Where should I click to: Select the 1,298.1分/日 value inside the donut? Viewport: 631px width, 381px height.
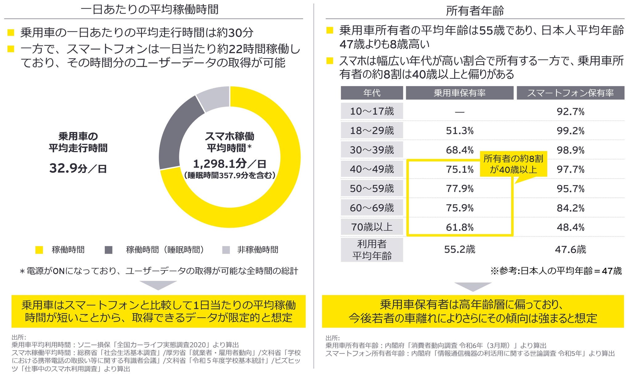tap(230, 164)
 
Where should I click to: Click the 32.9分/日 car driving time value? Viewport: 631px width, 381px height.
tap(78, 169)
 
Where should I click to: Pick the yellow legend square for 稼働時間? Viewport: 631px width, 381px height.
tap(39, 250)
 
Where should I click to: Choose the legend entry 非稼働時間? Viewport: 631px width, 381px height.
tap(257, 250)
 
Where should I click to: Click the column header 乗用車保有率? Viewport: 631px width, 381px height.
tap(459, 93)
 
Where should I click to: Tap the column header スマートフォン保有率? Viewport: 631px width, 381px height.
tap(570, 93)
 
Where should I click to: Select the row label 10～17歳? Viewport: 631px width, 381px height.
tap(372, 111)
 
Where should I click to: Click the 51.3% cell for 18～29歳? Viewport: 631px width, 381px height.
tap(459, 131)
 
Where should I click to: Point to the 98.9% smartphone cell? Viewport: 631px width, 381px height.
tap(570, 150)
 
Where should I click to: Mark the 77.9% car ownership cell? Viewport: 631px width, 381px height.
tap(459, 189)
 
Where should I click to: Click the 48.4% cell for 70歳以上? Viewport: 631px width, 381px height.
tap(570, 227)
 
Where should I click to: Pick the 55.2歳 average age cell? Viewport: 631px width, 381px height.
tap(459, 249)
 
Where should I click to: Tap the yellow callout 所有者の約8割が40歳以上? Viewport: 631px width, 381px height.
tap(513, 164)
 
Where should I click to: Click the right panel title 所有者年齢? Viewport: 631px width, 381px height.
tap(475, 11)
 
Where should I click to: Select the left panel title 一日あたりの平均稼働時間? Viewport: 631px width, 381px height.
tap(149, 10)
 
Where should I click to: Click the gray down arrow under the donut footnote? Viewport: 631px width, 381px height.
tap(158, 285)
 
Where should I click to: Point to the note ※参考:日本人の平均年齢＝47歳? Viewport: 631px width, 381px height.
tap(556, 271)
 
